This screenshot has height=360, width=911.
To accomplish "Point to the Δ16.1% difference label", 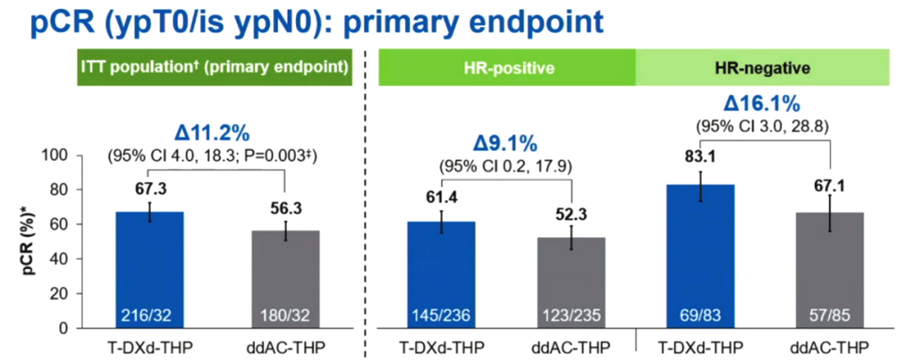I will (762, 104).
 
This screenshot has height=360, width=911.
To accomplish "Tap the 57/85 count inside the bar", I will (831, 316).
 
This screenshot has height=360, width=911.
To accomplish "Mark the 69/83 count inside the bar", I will (700, 316).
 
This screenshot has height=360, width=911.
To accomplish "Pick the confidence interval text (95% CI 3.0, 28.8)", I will (762, 125).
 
